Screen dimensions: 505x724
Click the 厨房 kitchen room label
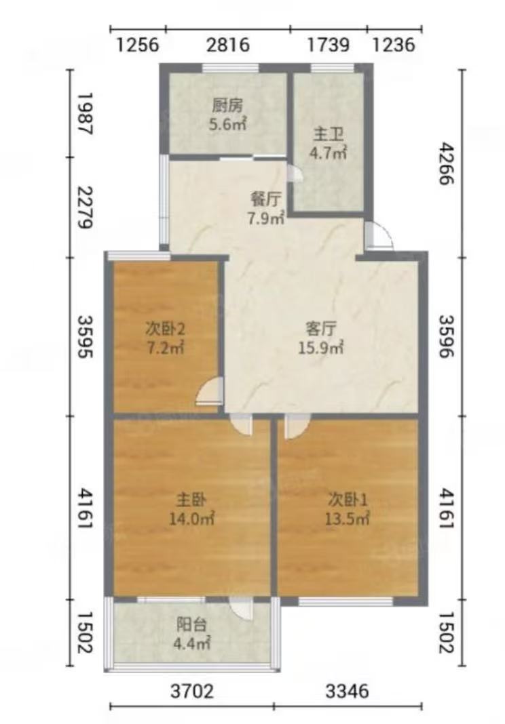[227, 106]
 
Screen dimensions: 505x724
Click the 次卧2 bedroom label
[166, 329]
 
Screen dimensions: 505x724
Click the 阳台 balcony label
[191, 625]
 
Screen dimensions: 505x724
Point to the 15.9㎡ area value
[320, 347]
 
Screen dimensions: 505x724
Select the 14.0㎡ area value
[191, 518]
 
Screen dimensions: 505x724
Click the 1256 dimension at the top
[137, 45]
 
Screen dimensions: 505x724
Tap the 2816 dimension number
[227, 45]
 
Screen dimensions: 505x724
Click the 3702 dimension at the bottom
[192, 691]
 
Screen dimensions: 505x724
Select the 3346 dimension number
[348, 691]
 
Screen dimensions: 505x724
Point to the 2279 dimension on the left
[86, 207]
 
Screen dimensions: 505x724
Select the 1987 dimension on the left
[86, 114]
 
